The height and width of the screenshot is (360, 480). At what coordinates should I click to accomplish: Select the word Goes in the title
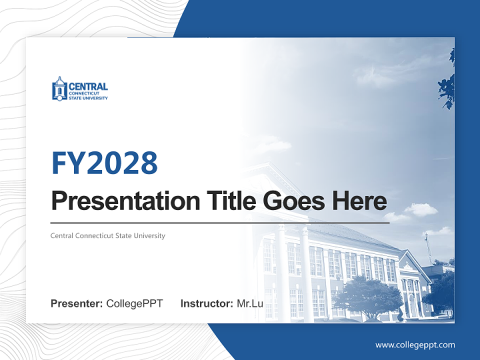(291, 201)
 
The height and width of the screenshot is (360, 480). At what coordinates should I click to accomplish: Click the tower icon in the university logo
(59, 89)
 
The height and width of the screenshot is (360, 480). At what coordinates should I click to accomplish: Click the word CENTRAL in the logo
(88, 86)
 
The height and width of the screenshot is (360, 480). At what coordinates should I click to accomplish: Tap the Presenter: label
(77, 303)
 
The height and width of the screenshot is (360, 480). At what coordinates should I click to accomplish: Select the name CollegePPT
(134, 303)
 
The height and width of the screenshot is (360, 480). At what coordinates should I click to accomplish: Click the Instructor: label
(206, 303)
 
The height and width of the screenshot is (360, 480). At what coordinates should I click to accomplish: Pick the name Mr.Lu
(250, 303)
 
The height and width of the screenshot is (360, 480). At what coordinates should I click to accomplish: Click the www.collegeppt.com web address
(415, 345)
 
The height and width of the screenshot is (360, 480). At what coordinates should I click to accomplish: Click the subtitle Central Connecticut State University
(107, 235)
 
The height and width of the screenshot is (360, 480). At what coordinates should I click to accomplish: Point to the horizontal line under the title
(220, 222)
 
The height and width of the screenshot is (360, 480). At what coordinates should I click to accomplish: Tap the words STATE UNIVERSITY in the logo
(88, 98)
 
